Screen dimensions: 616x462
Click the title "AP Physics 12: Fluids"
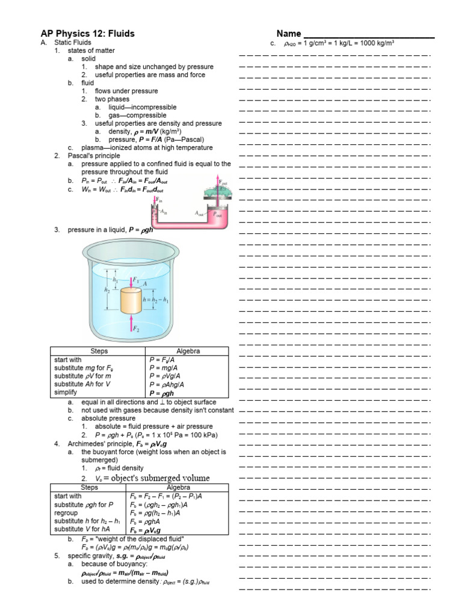click(x=87, y=34)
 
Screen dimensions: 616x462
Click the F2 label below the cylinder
click(x=137, y=329)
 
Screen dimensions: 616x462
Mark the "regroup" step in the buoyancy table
click(x=66, y=513)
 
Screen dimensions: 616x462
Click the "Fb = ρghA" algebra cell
click(x=147, y=522)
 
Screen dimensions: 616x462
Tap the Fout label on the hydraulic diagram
click(x=224, y=181)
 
